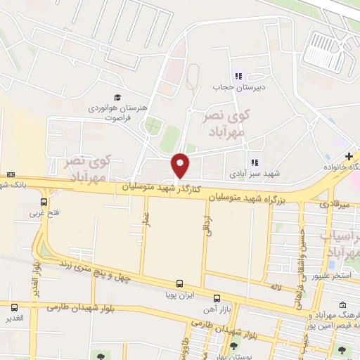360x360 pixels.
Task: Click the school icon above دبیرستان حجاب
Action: click(238, 76)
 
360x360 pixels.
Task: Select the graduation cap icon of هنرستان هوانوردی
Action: click(117, 97)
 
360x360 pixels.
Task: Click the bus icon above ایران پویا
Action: click(179, 283)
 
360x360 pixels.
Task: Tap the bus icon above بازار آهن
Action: click(217, 297)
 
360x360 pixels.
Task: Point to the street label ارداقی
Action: click(208, 226)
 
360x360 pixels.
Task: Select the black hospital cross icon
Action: click(349, 155)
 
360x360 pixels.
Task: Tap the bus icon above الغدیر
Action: click(15, 307)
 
